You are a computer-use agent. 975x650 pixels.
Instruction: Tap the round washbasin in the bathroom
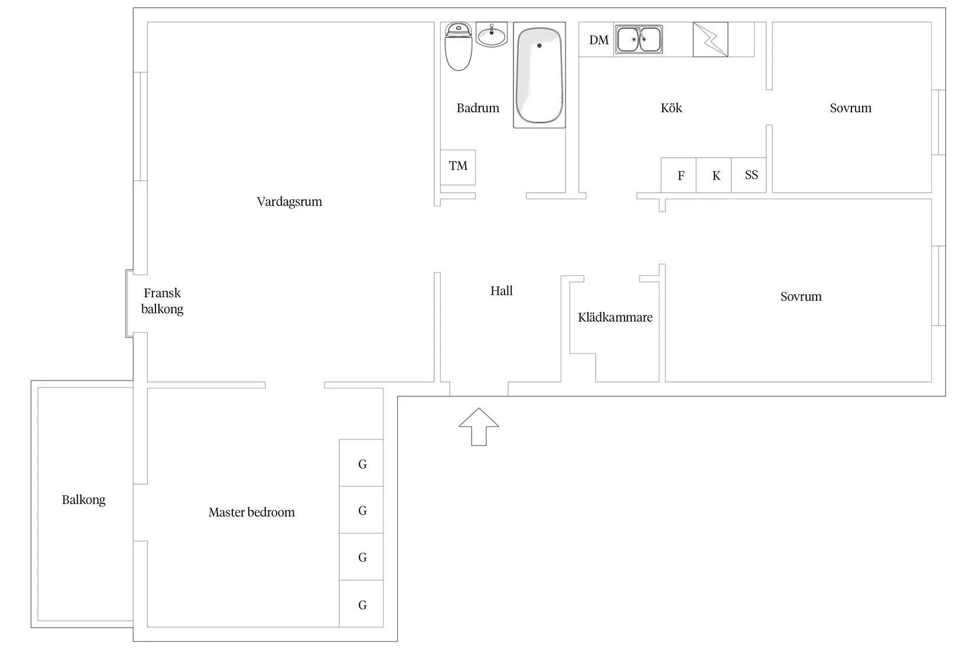coord(492,34)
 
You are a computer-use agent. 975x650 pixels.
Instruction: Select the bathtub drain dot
coord(539,45)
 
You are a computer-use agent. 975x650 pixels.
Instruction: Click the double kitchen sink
coord(639,39)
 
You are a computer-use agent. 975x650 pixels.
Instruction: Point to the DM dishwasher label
coord(599,40)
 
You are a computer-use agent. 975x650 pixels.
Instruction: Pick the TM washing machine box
coord(458,168)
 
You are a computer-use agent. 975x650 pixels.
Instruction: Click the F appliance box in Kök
coord(678,175)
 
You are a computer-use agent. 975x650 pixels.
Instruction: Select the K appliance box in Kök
coord(714,175)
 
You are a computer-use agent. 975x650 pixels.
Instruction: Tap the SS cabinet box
coord(749,175)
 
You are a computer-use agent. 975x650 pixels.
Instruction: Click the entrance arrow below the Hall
coord(479,427)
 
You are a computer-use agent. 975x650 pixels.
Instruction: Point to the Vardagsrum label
coord(290,201)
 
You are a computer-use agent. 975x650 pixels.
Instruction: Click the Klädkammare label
coord(615,317)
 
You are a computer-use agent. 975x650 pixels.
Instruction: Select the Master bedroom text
coord(252,512)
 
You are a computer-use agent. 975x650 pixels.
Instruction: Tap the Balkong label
coord(83,500)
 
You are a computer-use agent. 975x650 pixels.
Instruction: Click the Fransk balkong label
coord(162,301)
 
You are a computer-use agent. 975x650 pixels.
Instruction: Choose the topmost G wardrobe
coord(361,463)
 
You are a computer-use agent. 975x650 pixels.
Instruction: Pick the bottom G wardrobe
coord(361,603)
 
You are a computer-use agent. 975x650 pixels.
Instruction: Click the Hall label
coord(502,291)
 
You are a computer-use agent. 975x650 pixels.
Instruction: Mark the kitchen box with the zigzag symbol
coord(710,40)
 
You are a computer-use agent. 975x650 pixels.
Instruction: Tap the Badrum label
coord(478,108)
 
